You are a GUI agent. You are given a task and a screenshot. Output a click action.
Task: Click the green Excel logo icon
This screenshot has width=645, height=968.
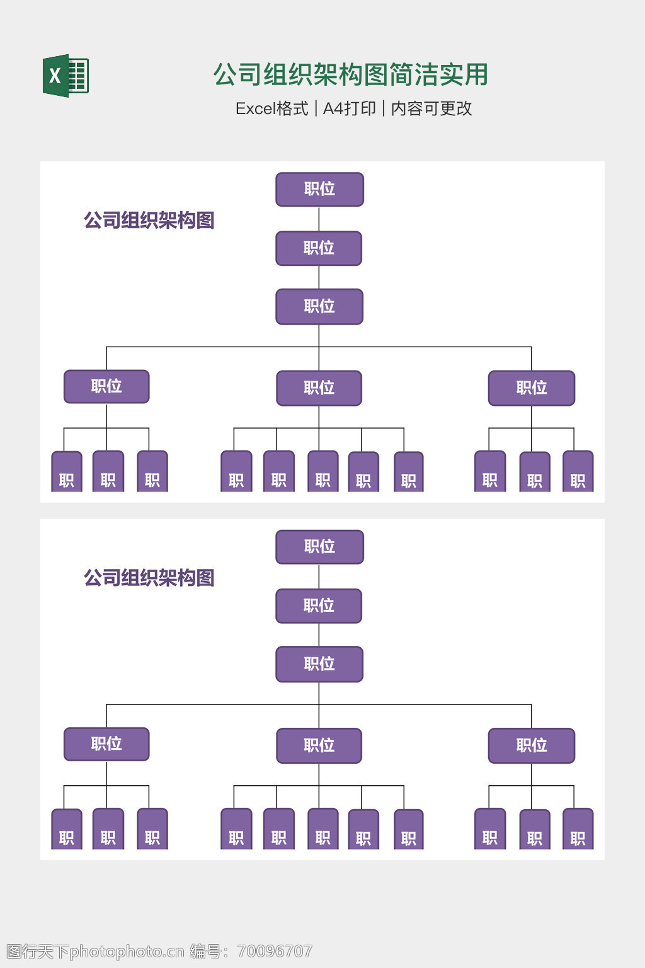tap(66, 76)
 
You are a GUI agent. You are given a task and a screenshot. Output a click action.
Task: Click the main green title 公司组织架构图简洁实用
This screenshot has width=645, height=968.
tap(350, 75)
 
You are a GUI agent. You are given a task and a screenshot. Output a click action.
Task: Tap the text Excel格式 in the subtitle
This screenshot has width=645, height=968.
tap(271, 108)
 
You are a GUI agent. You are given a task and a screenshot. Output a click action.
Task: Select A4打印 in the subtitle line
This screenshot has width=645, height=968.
tap(349, 108)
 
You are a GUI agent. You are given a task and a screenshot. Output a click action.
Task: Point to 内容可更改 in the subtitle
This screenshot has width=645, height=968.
tap(431, 108)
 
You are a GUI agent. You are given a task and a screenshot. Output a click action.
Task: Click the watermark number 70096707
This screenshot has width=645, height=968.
tap(275, 951)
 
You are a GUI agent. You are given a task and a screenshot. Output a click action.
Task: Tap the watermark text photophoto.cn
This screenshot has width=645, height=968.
tap(127, 951)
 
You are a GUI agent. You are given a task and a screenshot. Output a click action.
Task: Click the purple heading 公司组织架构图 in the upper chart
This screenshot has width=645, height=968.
tap(149, 220)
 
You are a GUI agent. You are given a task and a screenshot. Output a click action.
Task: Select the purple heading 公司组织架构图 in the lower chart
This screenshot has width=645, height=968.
tap(149, 577)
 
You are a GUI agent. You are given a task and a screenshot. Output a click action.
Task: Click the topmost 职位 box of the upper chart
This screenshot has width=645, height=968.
tap(319, 189)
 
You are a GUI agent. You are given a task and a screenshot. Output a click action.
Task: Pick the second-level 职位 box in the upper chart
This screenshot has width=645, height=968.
tap(319, 248)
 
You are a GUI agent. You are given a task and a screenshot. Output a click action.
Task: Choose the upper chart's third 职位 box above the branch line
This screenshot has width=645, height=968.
tap(319, 306)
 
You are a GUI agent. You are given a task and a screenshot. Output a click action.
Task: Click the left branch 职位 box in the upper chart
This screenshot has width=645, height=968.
tap(106, 386)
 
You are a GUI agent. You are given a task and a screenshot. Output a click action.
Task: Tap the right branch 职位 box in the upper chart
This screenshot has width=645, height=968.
tap(532, 388)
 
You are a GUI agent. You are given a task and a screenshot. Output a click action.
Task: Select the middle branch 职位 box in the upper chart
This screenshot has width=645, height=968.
tap(319, 388)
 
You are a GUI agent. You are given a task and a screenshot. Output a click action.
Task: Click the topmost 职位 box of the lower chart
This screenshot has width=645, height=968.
tap(319, 546)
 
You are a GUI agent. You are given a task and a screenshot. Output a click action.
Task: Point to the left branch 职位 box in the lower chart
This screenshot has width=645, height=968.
tap(106, 744)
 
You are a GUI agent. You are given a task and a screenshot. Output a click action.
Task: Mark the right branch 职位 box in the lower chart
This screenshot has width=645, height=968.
tap(532, 746)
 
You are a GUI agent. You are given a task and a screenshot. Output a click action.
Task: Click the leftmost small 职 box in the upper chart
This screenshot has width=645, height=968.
tap(67, 473)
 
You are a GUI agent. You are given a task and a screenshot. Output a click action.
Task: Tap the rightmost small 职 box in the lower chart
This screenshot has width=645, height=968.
tap(578, 830)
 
